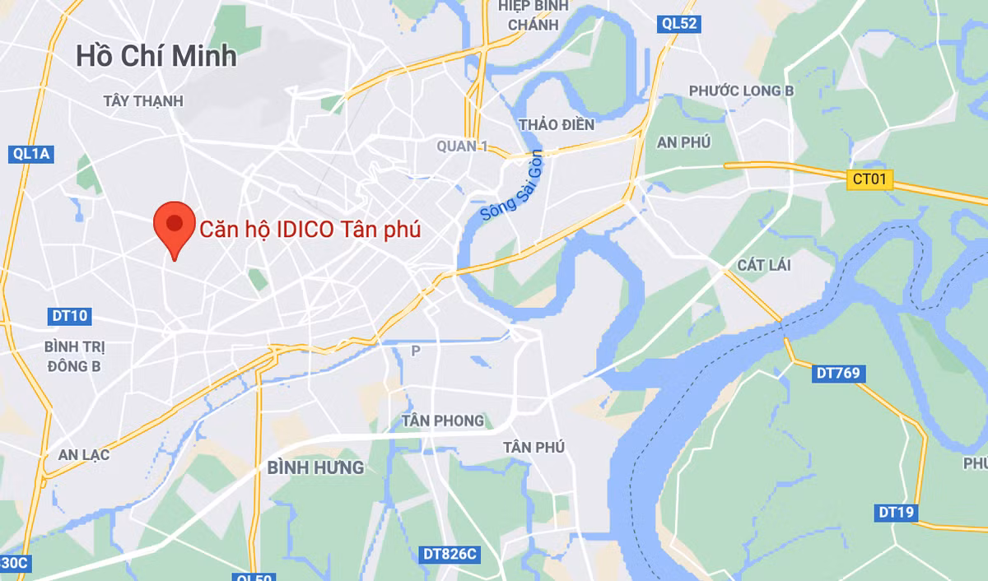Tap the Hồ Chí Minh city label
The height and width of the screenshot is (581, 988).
(156, 55)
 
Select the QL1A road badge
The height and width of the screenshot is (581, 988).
(32, 154)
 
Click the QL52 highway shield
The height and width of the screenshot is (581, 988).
(680, 24)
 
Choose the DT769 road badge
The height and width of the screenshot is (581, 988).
(838, 373)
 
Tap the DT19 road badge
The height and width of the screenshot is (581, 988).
(896, 513)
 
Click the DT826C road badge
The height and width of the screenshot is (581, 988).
(448, 554)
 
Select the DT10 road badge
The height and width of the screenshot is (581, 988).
(69, 315)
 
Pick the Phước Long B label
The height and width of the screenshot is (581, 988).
(741, 91)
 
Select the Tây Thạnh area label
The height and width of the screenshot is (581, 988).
(143, 100)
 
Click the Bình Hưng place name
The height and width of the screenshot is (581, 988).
(315, 467)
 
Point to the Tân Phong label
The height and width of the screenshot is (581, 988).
(442, 421)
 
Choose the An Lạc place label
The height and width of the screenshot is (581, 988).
(83, 454)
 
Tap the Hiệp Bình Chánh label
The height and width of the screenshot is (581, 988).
(533, 15)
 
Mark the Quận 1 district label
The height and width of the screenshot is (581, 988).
(462, 146)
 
